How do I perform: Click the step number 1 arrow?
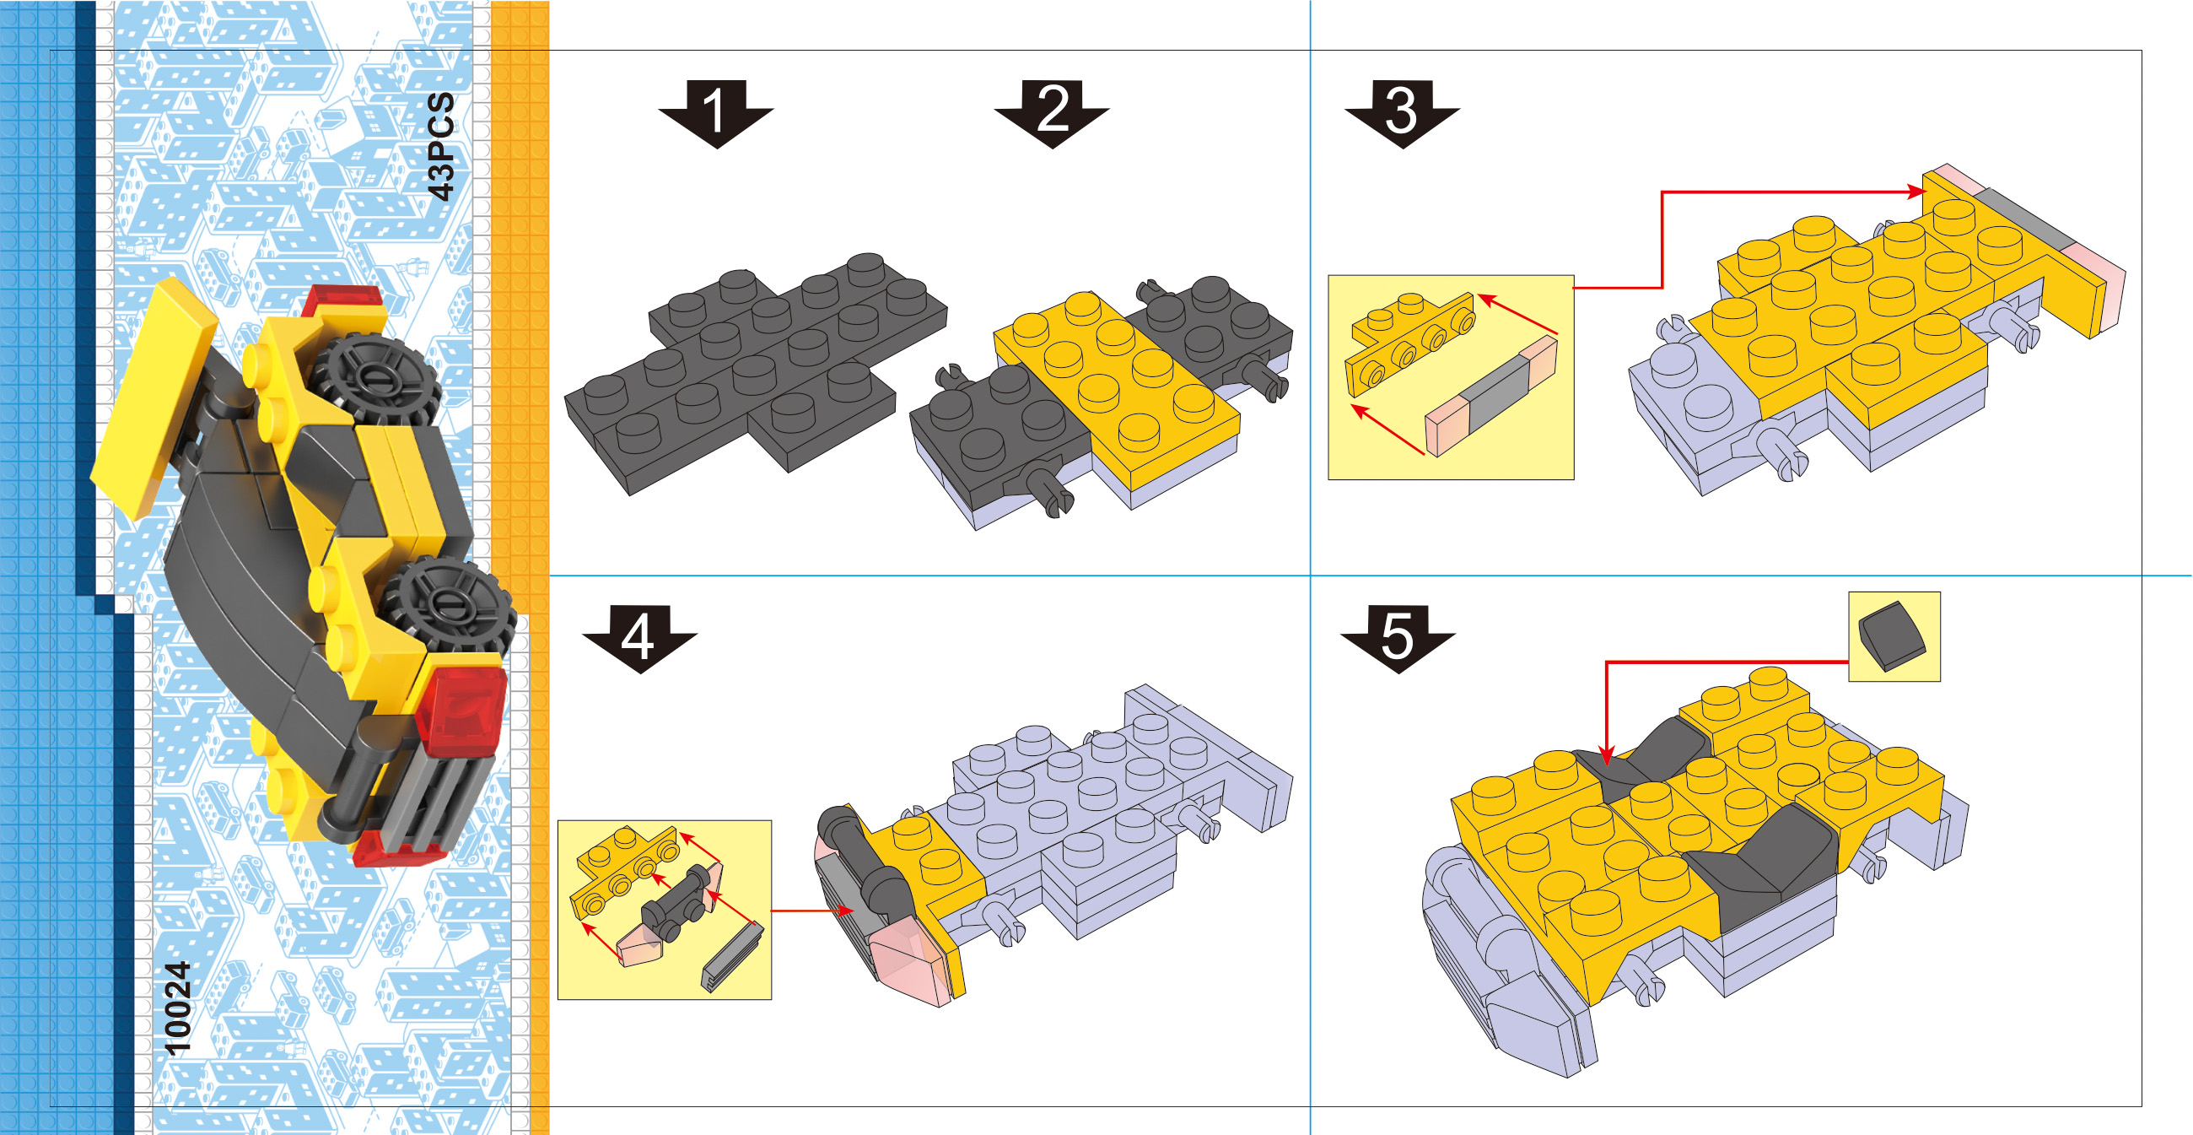click(716, 114)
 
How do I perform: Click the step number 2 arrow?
click(1053, 114)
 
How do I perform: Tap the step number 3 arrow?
click(1402, 114)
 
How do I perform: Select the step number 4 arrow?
click(639, 639)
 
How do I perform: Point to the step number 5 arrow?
click(1398, 639)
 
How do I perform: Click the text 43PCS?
click(441, 147)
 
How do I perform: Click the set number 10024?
click(177, 1008)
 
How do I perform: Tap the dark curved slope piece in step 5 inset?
click(1893, 636)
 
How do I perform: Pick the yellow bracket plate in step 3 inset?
click(1409, 343)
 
